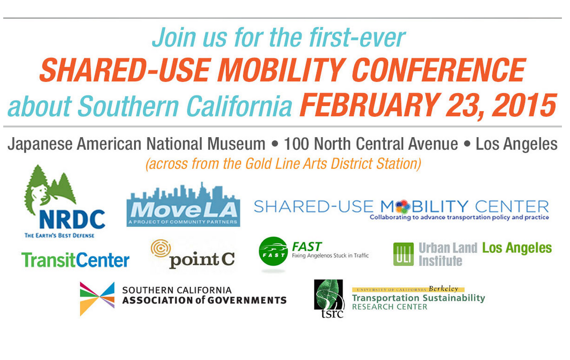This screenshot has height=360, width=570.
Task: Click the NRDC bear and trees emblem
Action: coord(50,189)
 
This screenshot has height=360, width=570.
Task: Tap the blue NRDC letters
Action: coord(72,219)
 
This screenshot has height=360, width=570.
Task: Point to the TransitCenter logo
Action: coord(75,260)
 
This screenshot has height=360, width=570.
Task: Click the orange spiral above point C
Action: coord(161,248)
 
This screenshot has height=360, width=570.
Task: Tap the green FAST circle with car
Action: coord(273,251)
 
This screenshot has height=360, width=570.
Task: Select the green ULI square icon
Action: coord(403,254)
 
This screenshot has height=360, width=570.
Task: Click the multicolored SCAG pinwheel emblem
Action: coord(97,299)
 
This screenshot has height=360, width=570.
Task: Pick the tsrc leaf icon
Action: coord(329,299)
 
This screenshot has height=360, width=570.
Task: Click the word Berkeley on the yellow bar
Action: coord(444,289)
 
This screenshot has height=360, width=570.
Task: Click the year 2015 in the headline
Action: coord(524,105)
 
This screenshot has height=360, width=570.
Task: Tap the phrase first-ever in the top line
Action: coord(357,38)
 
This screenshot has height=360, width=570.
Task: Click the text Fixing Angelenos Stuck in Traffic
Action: coord(330,256)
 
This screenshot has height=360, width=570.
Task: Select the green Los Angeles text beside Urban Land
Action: coord(517,248)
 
